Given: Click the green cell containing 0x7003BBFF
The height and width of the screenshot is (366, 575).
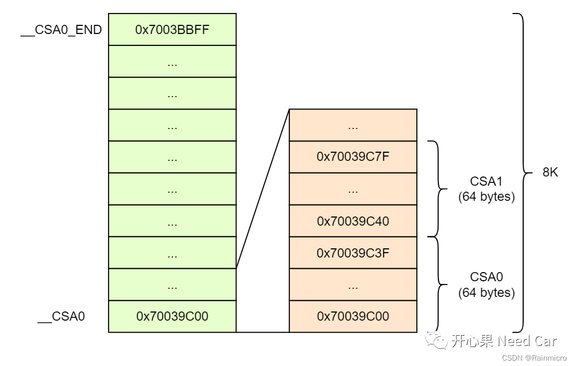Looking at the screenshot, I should coord(172,30).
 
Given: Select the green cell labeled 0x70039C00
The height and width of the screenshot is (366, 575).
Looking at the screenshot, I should coord(172,316).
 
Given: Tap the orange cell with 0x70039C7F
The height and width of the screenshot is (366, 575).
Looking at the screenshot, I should coord(353,157).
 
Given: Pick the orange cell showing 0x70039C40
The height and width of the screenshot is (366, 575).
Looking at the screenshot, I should coord(353,221).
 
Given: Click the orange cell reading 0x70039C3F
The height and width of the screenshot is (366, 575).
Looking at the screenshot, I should coord(353,253).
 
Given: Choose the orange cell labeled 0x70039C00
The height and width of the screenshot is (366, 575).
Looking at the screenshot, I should coord(353,316).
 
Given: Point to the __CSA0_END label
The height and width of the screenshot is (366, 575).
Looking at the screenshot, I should coord(61,30).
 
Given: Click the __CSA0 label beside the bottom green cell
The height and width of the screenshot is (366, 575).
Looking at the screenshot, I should coord(61,316).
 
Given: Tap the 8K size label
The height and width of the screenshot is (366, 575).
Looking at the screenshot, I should coord(550,173).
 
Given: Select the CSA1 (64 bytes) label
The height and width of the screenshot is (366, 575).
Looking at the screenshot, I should coord(486,189).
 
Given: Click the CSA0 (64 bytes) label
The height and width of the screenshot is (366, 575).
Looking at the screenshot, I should coord(486,284).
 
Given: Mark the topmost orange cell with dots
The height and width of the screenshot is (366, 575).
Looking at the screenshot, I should coord(353,125).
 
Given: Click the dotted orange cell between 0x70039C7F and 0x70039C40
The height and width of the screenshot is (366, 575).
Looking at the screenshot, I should coord(353,189).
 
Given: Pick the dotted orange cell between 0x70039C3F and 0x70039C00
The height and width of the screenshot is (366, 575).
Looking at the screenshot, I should coord(353,284).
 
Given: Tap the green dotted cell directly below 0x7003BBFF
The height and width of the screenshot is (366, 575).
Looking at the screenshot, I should coord(172,62).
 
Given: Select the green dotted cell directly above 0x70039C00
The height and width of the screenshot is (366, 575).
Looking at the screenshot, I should coord(172,284).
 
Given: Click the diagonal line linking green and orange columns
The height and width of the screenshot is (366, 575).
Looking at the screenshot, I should coord(263,188).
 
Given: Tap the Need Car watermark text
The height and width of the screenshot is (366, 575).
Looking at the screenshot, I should coord(526,341).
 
